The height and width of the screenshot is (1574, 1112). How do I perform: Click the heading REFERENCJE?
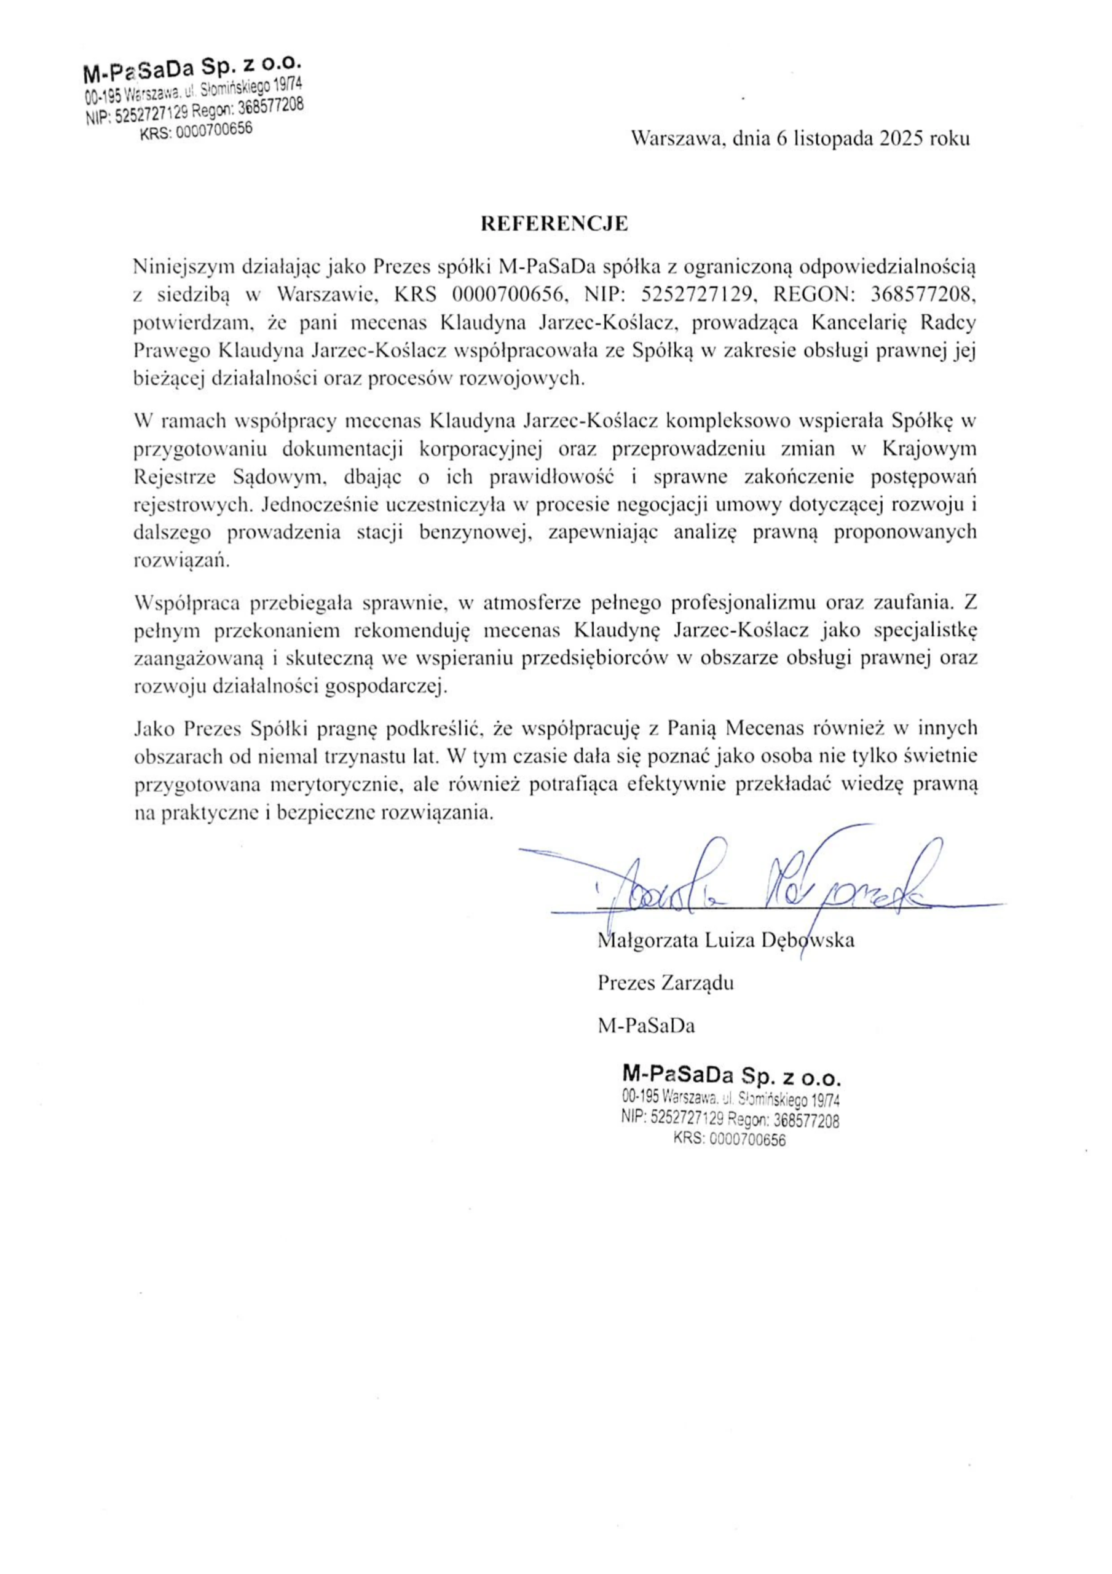click(554, 224)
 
